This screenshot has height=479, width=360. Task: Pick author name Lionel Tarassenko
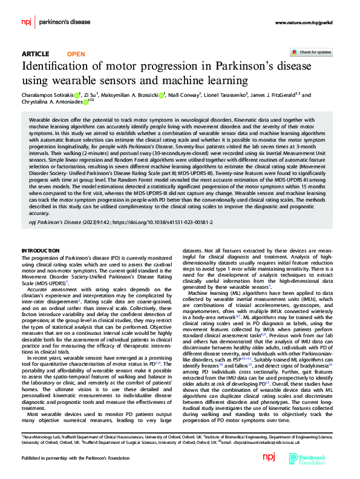click(247, 95)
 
